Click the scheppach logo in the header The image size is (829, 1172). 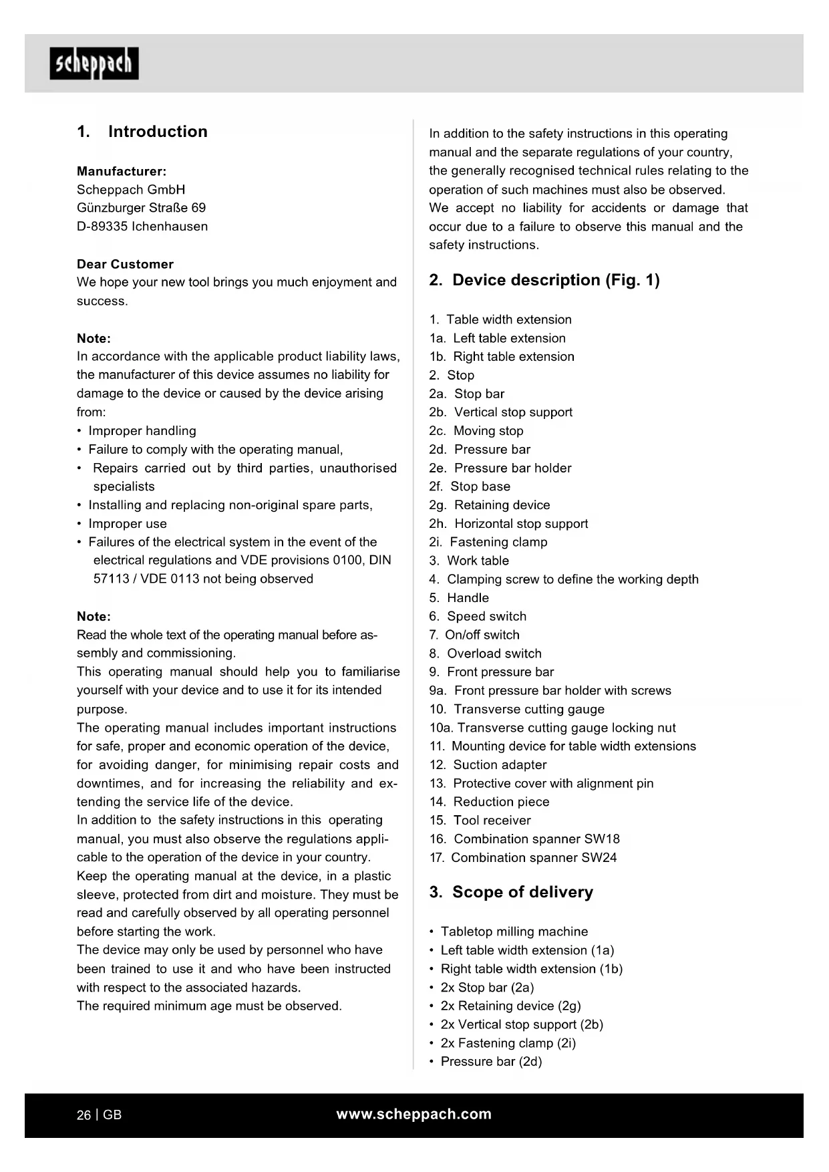coord(94,63)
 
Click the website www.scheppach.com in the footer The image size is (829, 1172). coord(413,1114)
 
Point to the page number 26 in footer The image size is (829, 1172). coord(84,1115)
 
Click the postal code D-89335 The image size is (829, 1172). coord(102,227)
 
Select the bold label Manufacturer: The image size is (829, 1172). coord(122,171)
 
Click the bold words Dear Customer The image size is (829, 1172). coord(125,264)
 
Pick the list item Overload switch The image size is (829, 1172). coord(494,653)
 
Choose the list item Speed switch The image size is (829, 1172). coord(486,616)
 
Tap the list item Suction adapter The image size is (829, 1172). coord(500,764)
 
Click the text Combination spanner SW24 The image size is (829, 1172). coord(534,857)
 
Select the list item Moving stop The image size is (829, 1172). coord(488,431)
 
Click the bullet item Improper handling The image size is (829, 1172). coord(142,431)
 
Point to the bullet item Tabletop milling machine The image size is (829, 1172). coord(514,931)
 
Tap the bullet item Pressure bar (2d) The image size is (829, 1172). coord(491,1061)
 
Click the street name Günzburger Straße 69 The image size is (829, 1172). coord(142,208)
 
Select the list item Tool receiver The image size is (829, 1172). coord(492,820)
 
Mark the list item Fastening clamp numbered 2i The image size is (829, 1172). coord(498,542)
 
